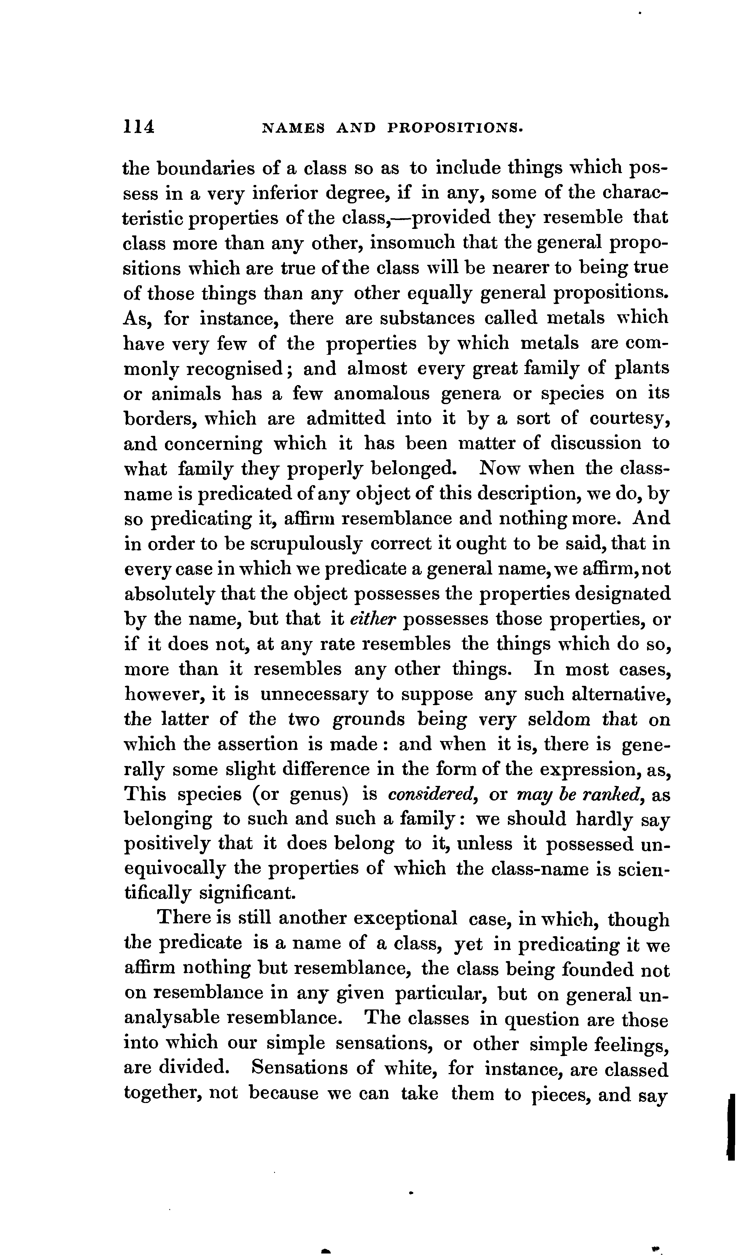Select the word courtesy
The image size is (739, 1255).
coord(629,419)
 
